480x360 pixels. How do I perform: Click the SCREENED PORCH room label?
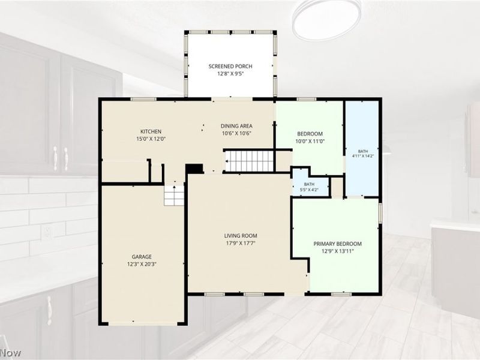tap(230, 66)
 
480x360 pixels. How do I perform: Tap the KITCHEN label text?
tap(151, 131)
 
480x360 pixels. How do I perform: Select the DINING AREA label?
tap(236, 126)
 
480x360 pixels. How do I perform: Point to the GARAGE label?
tap(142, 257)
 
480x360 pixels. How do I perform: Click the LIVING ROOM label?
tap(241, 236)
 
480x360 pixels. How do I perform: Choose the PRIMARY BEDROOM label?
tap(337, 244)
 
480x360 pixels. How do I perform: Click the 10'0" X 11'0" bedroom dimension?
tap(310, 142)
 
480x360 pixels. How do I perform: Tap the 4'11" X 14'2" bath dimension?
tap(363, 155)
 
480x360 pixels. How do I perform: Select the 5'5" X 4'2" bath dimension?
tap(309, 190)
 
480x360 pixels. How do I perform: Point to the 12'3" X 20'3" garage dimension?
tap(142, 264)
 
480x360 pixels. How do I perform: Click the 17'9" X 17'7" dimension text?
tap(241, 244)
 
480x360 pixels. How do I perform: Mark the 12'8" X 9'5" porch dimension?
tap(230, 74)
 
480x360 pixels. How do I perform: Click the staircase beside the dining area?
tap(250, 161)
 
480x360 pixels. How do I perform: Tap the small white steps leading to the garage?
tap(174, 195)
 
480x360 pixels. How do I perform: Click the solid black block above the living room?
tap(194, 169)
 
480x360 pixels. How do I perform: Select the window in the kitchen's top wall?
tap(143, 99)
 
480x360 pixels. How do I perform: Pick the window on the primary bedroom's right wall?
tap(380, 213)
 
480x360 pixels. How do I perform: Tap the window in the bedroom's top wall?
tap(307, 99)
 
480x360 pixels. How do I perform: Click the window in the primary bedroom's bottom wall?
tap(341, 294)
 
